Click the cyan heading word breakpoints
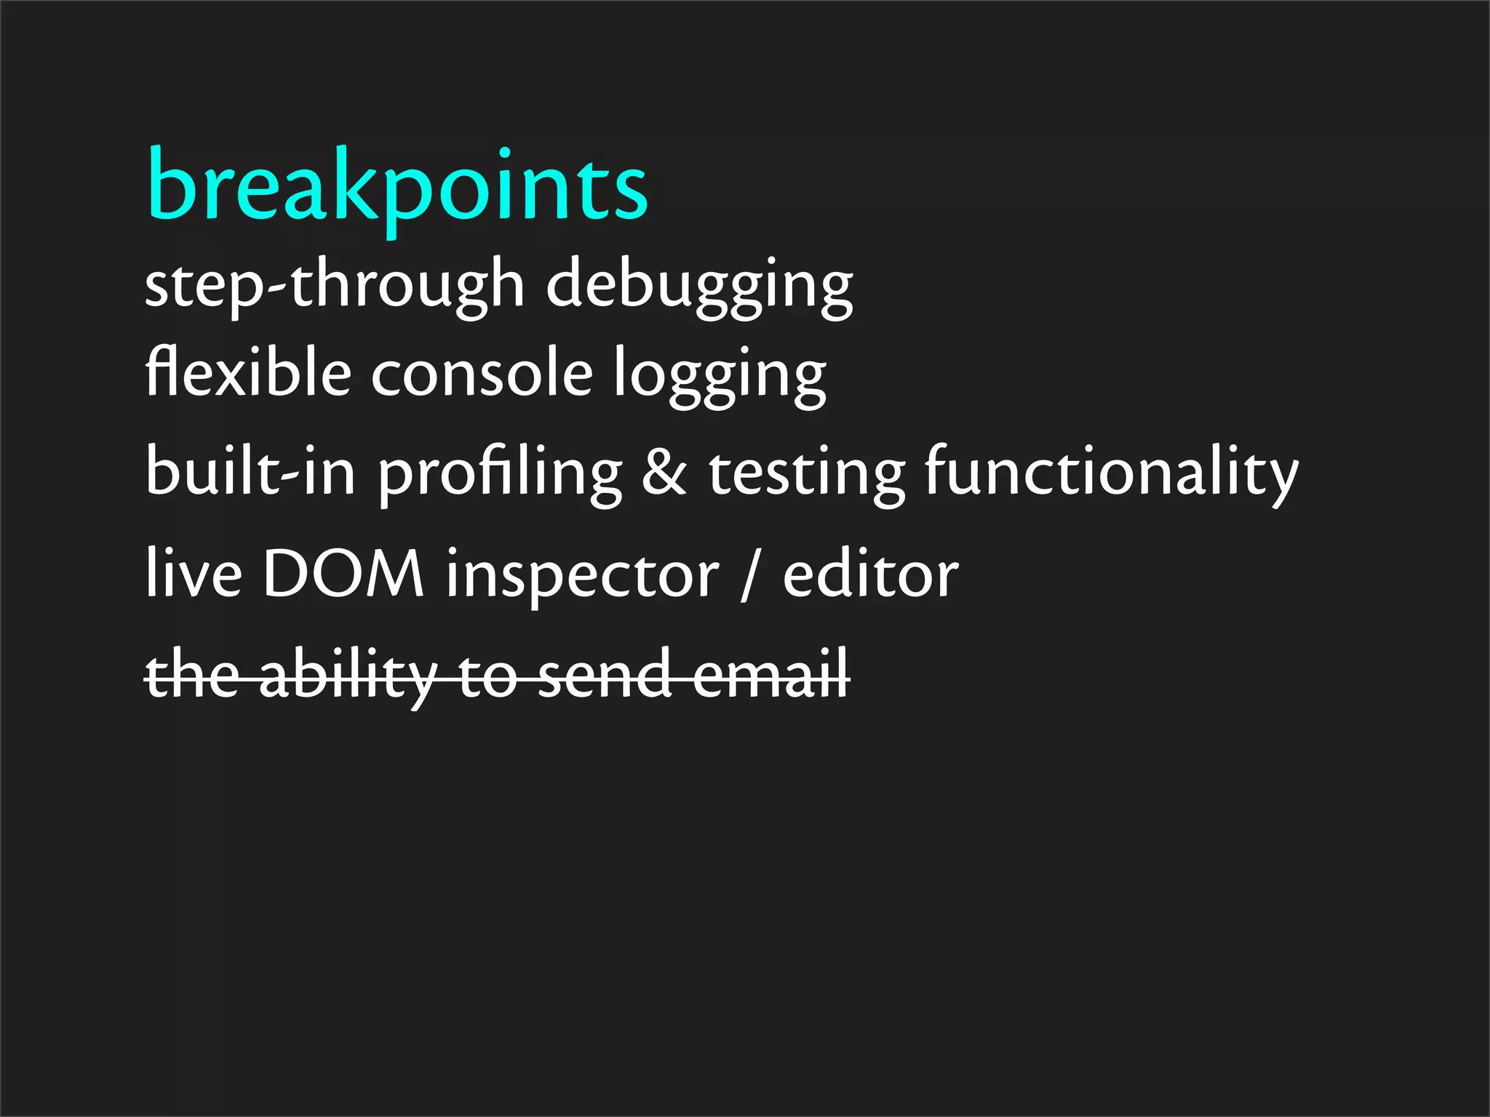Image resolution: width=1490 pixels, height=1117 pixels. pos(397,188)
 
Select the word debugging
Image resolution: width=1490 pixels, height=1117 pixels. pos(700,287)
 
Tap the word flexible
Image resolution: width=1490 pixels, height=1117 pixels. pos(248,372)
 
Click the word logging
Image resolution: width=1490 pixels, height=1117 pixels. pos(720,377)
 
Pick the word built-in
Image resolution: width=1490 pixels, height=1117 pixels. pos(250,471)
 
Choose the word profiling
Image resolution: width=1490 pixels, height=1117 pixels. pos(501,474)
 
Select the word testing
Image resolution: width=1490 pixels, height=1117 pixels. pos(807,474)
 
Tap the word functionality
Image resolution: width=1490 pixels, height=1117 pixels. pos(1111,474)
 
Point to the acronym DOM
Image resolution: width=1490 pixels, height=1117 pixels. pos(343,574)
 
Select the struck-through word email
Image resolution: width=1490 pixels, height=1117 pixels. pos(771,675)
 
